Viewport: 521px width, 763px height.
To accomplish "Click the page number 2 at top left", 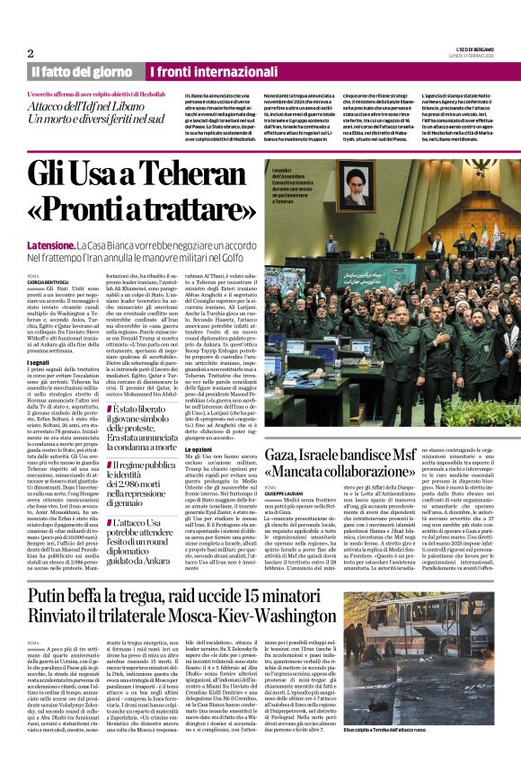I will tap(31, 52).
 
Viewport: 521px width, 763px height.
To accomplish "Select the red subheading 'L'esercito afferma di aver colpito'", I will tap(83, 93).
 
